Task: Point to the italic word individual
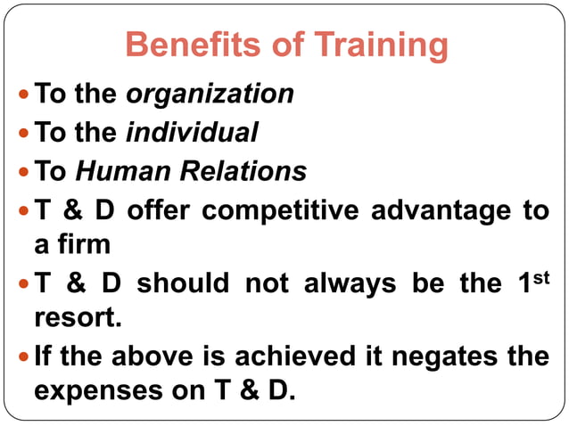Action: coord(192,133)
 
